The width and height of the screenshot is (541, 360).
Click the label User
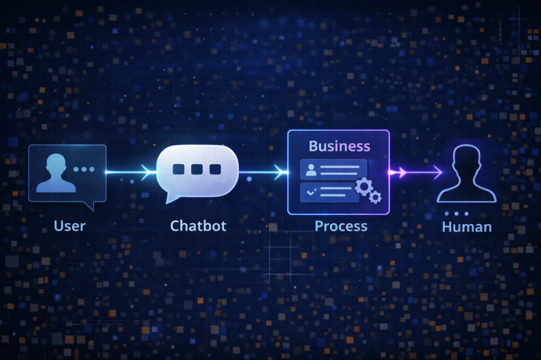tap(69, 226)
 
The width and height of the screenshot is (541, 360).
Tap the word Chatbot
tap(198, 226)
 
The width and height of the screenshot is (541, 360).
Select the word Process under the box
tap(341, 226)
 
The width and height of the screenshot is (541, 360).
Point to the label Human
tap(467, 227)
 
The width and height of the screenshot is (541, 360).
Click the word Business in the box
tap(339, 146)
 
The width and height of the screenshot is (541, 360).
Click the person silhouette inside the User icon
tap(53, 173)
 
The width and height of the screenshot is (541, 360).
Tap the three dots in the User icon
tap(84, 169)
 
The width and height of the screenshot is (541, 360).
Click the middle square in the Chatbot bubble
tap(197, 169)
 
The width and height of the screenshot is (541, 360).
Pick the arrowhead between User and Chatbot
tap(146, 170)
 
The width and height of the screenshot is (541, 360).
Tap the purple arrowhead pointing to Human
tap(402, 171)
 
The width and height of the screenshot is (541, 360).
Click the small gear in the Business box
tap(376, 197)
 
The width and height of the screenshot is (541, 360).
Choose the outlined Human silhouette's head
tap(467, 158)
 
